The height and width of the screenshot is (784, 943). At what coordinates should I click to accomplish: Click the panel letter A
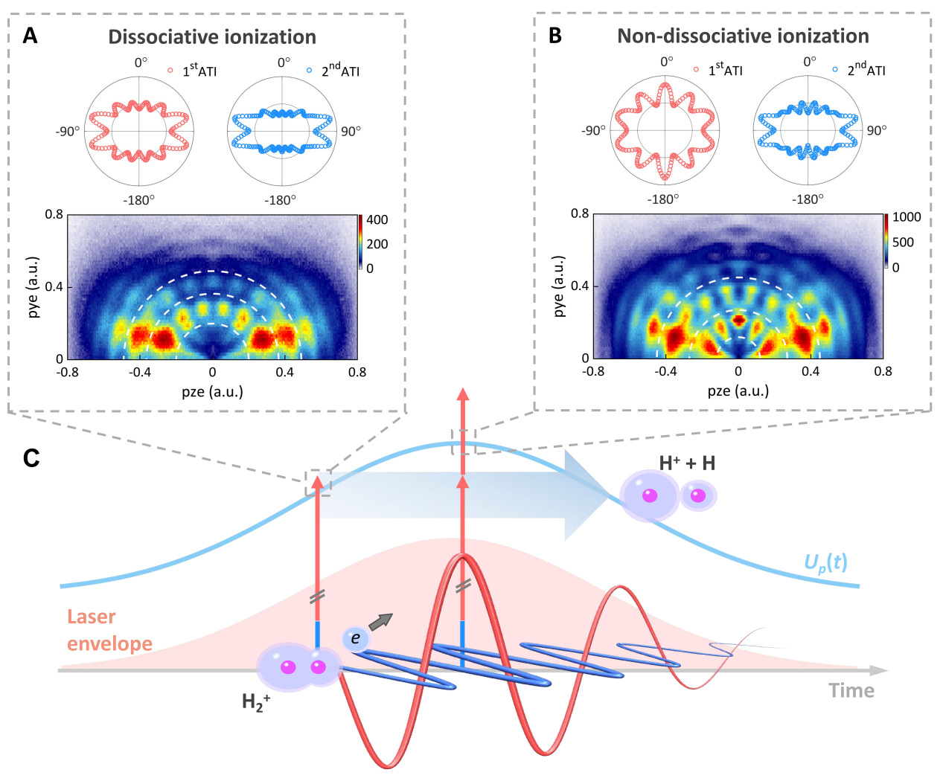(30, 36)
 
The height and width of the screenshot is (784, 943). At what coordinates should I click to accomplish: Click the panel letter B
(555, 36)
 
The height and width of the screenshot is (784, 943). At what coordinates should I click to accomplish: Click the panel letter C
(31, 457)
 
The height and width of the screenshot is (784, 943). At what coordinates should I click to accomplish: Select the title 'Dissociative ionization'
(212, 37)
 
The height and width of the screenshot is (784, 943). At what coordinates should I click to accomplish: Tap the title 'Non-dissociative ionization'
(743, 36)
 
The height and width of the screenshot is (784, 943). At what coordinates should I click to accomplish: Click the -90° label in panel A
(67, 132)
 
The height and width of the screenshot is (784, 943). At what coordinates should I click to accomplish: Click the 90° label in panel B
(877, 130)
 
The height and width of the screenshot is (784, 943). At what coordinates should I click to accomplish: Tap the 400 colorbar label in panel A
(377, 219)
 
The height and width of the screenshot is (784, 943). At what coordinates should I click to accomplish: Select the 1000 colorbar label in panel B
(907, 217)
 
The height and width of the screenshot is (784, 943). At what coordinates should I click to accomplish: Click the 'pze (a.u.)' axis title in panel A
(212, 391)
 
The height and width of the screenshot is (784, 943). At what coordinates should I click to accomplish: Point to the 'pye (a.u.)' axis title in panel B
(559, 286)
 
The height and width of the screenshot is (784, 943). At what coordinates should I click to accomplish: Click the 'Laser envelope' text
(109, 630)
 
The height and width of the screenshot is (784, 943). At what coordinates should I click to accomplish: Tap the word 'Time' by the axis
(851, 691)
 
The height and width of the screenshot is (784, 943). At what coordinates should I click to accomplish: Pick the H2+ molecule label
(256, 702)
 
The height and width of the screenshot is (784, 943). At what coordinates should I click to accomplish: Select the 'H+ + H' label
(687, 463)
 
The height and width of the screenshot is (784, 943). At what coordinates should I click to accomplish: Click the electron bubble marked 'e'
(355, 638)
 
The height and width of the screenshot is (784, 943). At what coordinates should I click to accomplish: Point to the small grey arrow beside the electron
(380, 622)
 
